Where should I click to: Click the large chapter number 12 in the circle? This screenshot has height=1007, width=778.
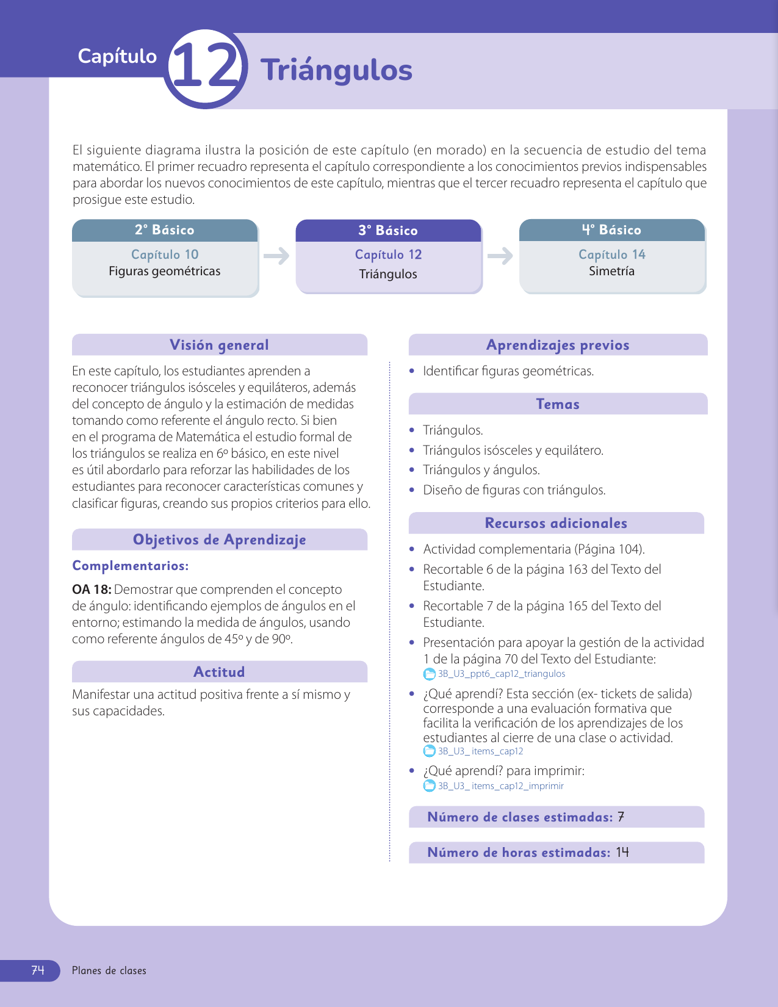pyautogui.click(x=205, y=68)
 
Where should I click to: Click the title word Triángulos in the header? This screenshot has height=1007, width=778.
pyautogui.click(x=336, y=70)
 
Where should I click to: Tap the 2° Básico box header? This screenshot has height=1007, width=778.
pyautogui.click(x=165, y=230)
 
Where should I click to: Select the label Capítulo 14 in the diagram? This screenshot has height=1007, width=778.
pyautogui.click(x=611, y=254)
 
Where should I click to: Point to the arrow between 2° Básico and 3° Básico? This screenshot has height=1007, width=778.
pyautogui.click(x=276, y=256)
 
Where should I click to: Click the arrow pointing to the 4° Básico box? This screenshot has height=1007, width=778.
pyautogui.click(x=500, y=256)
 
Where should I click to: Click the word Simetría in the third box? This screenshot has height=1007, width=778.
pyautogui.click(x=611, y=271)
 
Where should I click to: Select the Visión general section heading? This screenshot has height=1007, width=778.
pyautogui.click(x=219, y=345)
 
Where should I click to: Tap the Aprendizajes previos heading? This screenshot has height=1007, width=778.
pyautogui.click(x=558, y=345)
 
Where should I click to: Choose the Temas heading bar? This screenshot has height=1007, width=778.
pyautogui.click(x=558, y=404)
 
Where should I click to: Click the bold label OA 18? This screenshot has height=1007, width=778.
pyautogui.click(x=92, y=590)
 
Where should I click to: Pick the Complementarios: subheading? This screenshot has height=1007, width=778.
pyautogui.click(x=131, y=566)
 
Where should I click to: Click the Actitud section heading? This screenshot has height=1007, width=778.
pyautogui.click(x=219, y=672)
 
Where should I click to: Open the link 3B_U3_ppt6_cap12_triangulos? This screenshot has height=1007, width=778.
pyautogui.click(x=501, y=674)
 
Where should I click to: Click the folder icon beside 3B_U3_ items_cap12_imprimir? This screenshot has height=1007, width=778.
pyautogui.click(x=430, y=786)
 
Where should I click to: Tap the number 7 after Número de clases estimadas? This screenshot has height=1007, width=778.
pyautogui.click(x=621, y=817)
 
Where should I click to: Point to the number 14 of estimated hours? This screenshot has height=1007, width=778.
pyautogui.click(x=622, y=853)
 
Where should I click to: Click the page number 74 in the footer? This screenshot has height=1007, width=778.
pyautogui.click(x=38, y=970)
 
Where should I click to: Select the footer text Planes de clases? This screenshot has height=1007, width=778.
pyautogui.click(x=109, y=970)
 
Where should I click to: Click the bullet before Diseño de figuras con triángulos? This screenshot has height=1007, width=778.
pyautogui.click(x=412, y=490)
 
